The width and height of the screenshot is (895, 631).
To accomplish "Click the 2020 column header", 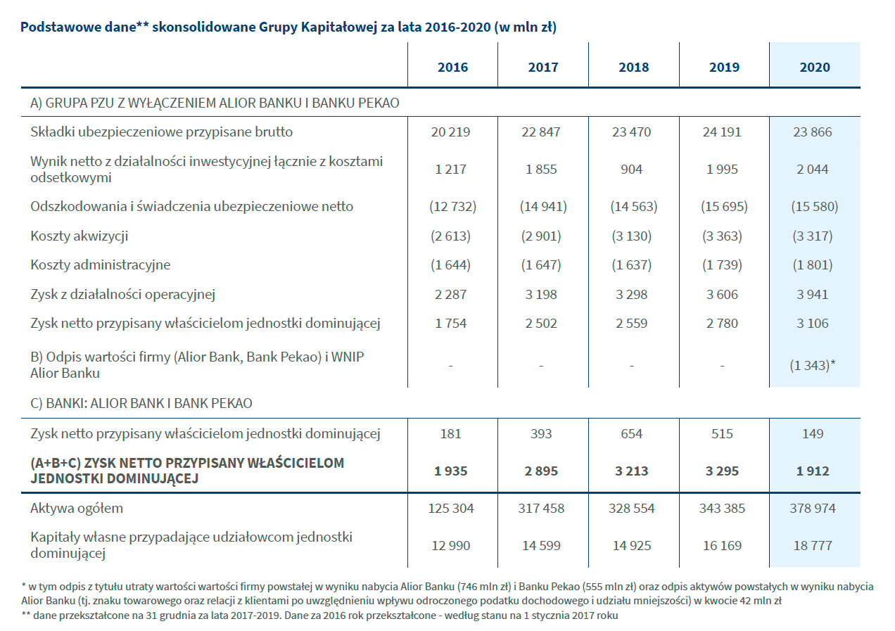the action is pos(815,67).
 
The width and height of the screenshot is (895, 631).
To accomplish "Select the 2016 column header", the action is pos(452,67).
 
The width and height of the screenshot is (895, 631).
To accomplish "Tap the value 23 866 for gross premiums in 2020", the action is pos(812,132).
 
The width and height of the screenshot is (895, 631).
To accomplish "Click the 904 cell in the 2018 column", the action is pos(631,170).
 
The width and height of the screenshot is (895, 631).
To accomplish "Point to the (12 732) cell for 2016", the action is pos(452,207).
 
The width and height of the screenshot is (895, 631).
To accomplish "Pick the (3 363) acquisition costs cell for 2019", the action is pos(722,236).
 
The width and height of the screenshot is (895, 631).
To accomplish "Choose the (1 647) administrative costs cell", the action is pos(541,264).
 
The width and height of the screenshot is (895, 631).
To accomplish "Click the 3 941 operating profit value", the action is pos(812,294).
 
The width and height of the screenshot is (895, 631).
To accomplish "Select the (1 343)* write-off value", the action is pos(812,365).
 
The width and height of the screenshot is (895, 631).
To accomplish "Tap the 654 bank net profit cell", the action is pos(631,434).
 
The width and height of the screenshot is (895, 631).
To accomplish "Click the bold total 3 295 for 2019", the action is pos(722,471).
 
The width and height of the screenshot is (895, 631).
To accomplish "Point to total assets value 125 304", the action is pos(451,509).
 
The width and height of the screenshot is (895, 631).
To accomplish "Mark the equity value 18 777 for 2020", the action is pos(812,546).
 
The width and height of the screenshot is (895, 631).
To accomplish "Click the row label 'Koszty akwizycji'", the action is pos(79,236).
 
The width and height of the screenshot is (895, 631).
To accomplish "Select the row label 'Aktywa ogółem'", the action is pos(77,509).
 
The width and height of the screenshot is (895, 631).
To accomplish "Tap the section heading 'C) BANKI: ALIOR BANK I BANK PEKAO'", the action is pos(141,403).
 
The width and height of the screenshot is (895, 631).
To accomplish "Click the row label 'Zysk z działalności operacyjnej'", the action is pos(122,294).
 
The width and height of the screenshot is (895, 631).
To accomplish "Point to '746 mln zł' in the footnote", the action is pos(484,587).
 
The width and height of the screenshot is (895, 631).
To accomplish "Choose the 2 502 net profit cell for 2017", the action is pos(541,324).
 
